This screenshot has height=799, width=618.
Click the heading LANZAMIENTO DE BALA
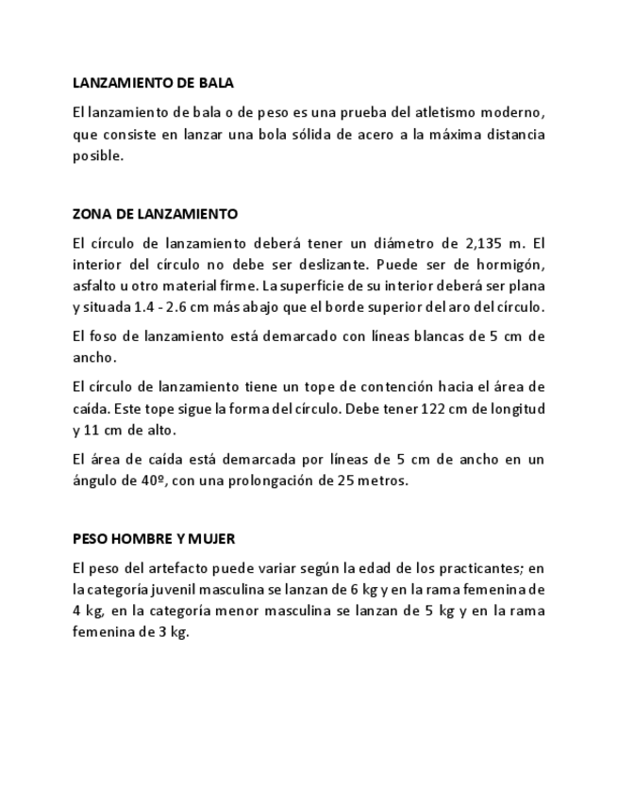pyautogui.click(x=153, y=84)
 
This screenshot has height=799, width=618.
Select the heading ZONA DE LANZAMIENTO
pyautogui.click(x=155, y=214)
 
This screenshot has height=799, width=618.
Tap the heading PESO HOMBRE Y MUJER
pyautogui.click(x=154, y=539)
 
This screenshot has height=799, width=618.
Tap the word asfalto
pyautogui.click(x=95, y=285)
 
